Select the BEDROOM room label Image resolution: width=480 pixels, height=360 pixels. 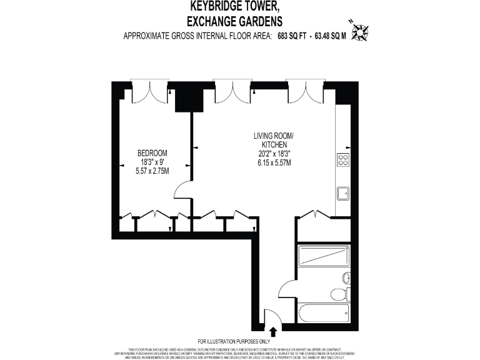pos(152,153)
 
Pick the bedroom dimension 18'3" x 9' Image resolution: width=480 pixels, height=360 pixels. pos(152,162)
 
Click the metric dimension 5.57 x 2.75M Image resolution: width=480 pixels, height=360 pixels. pos(152,171)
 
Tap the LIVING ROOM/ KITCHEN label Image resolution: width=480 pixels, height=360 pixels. pos(272,140)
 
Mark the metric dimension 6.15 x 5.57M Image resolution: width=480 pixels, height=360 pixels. pos(272,162)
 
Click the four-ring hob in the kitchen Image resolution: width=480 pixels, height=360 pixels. pos(343,160)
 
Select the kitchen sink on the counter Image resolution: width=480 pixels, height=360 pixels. pos(343,193)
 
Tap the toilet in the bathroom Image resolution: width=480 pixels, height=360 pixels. pos(338,294)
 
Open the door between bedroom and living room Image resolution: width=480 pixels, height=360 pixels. pos(184,189)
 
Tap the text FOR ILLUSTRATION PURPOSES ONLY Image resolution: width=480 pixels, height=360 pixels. pos(240,341)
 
